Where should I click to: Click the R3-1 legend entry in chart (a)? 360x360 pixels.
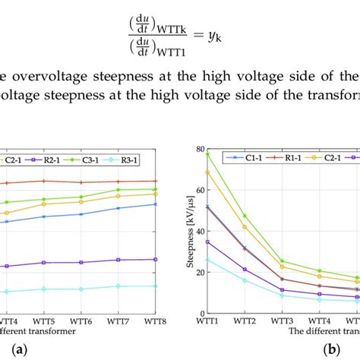(141, 159)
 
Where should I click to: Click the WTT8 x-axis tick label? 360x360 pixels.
(155, 322)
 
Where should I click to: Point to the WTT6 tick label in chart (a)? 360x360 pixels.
(80, 322)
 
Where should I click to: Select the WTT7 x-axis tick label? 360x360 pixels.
(118, 322)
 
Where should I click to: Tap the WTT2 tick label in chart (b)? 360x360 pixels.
(244, 322)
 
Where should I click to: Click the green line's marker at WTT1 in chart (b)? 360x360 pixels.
(207, 154)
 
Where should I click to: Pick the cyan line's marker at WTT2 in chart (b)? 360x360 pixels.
(244, 280)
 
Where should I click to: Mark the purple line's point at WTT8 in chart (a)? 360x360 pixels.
(155, 259)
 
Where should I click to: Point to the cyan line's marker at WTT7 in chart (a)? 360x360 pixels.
(118, 286)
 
